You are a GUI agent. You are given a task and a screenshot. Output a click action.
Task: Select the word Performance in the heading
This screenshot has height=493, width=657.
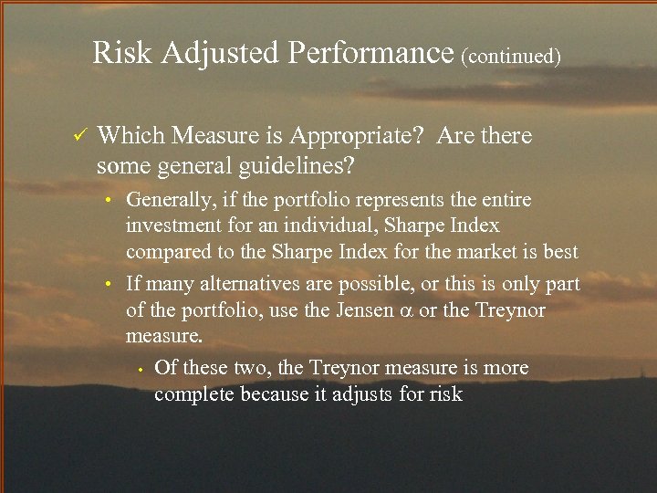pyautogui.click(x=370, y=54)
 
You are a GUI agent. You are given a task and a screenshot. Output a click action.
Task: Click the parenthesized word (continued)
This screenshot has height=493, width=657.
pyautogui.click(x=511, y=57)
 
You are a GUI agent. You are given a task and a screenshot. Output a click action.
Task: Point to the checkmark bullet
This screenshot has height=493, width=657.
pyautogui.click(x=78, y=137)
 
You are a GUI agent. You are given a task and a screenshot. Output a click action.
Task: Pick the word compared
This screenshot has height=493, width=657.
pyautogui.click(x=166, y=252)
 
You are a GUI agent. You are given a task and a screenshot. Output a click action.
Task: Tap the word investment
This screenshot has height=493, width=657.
pyautogui.click(x=171, y=226)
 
